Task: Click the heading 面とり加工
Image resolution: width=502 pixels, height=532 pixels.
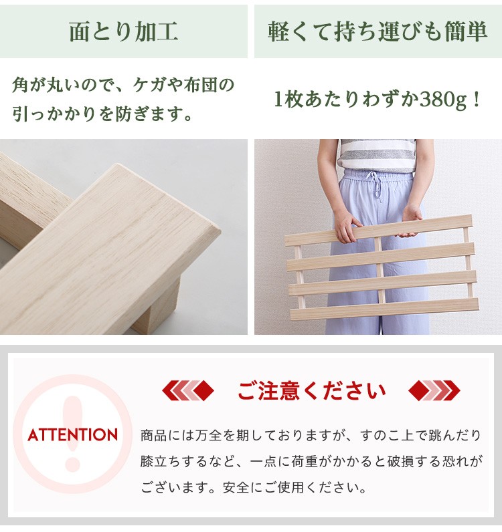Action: (124, 31)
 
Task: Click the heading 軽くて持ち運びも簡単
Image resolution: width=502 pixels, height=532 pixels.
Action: (378, 31)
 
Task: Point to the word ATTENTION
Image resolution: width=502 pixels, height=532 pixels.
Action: (73, 435)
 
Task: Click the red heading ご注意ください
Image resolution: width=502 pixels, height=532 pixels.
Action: (311, 390)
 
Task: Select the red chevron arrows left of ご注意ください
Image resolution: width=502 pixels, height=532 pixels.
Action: (188, 390)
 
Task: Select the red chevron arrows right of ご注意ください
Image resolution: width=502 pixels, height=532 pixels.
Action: (434, 390)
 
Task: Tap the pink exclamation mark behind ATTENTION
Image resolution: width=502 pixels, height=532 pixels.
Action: (73, 434)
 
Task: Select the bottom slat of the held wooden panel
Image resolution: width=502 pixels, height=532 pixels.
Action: (384, 309)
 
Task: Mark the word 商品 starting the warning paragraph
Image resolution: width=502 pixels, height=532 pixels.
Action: (154, 435)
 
